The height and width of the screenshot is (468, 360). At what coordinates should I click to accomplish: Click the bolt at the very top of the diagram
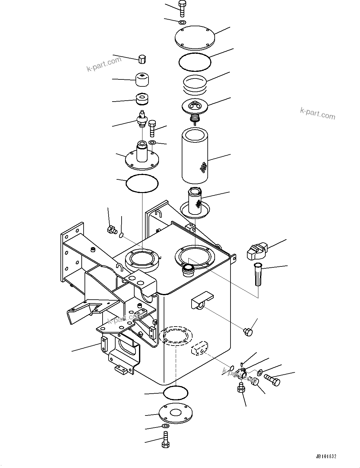182,9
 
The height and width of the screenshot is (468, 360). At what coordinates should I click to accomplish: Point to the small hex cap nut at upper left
142,59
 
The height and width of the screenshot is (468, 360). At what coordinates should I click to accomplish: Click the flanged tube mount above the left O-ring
141,156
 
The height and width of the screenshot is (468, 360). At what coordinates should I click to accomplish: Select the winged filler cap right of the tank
257,252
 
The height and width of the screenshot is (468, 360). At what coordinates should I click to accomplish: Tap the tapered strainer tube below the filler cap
258,274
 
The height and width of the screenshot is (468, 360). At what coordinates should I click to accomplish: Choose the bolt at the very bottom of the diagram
166,440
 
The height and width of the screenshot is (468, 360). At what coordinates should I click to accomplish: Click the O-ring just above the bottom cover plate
175,393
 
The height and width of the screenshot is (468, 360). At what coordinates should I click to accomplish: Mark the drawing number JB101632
325,457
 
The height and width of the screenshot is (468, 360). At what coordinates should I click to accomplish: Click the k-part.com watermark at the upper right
317,113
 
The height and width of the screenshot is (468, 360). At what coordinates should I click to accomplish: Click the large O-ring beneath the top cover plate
194,62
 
